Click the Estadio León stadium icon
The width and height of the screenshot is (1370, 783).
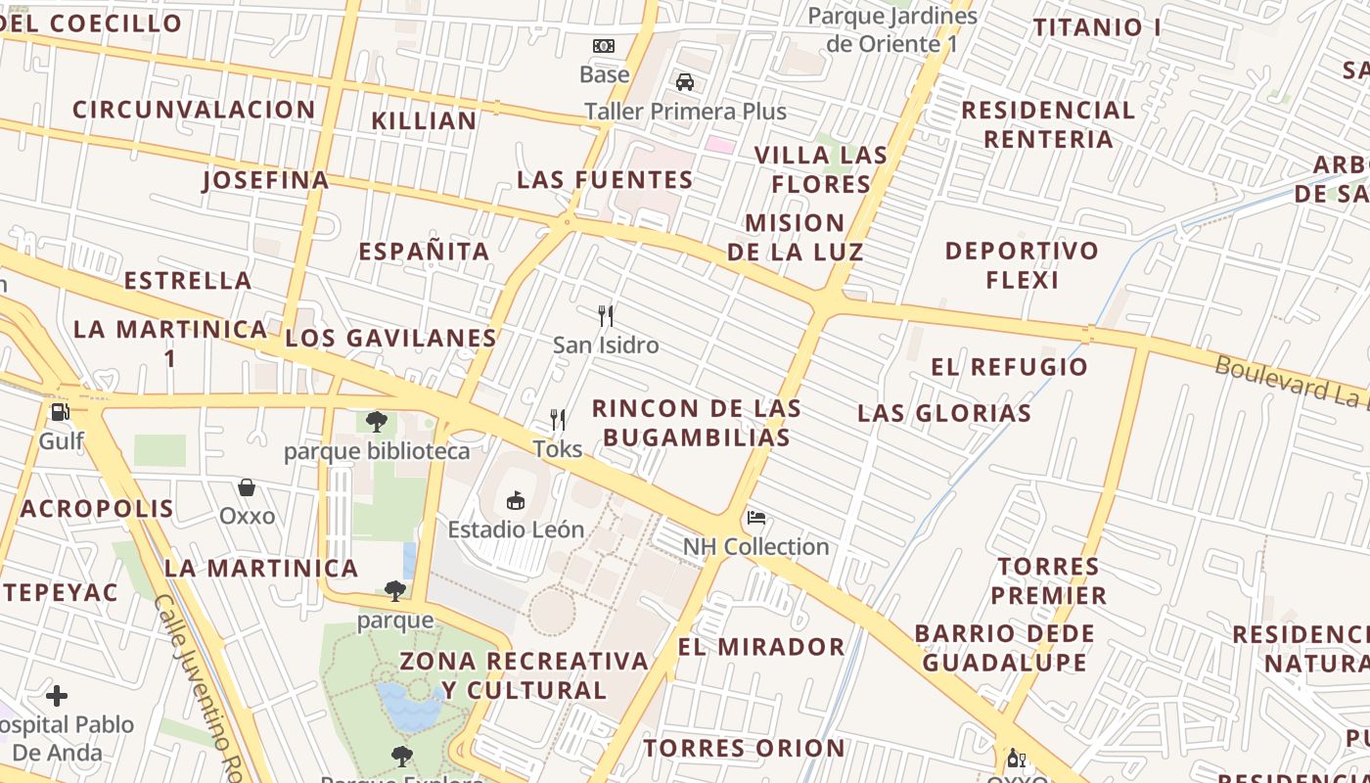point(515,501)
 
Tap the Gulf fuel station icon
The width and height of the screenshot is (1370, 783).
point(61,412)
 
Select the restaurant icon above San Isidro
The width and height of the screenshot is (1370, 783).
point(606,315)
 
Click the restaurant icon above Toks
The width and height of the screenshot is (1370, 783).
point(558,420)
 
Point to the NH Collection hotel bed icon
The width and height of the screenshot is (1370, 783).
point(755,518)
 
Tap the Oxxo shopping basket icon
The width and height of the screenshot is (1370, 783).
point(247,486)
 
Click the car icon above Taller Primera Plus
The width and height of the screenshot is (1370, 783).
point(685,82)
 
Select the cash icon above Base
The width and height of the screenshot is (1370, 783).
point(604,45)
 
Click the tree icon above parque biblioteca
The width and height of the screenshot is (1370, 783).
point(376,422)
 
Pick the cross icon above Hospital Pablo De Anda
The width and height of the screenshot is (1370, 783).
point(57,696)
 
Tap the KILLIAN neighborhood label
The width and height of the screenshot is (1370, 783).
point(424,120)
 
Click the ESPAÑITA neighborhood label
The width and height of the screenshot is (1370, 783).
point(424,252)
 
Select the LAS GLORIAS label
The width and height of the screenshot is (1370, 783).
point(944,413)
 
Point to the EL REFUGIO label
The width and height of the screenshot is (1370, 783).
point(1009,367)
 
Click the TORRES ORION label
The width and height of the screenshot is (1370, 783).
point(744,749)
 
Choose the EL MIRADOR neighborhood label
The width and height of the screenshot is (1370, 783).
point(761,647)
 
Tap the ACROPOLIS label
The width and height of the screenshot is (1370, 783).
point(97,509)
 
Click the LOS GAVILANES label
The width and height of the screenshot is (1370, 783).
point(391,339)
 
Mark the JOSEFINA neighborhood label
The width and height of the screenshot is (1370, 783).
point(265,181)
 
